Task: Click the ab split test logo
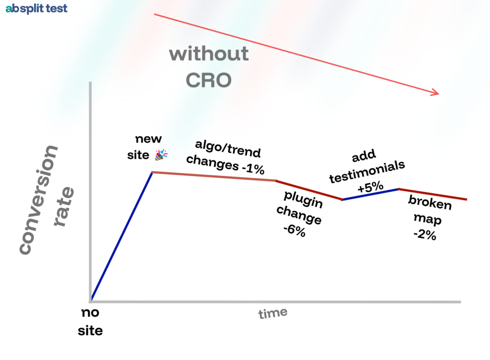(36, 9)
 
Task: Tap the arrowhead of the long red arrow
(435, 92)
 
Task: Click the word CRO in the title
(208, 80)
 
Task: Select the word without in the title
(209, 53)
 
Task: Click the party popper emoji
(161, 155)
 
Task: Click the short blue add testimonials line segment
(370, 194)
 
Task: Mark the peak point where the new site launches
(152, 172)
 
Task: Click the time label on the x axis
(273, 314)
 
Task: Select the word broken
(429, 202)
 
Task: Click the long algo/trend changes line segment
(214, 176)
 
